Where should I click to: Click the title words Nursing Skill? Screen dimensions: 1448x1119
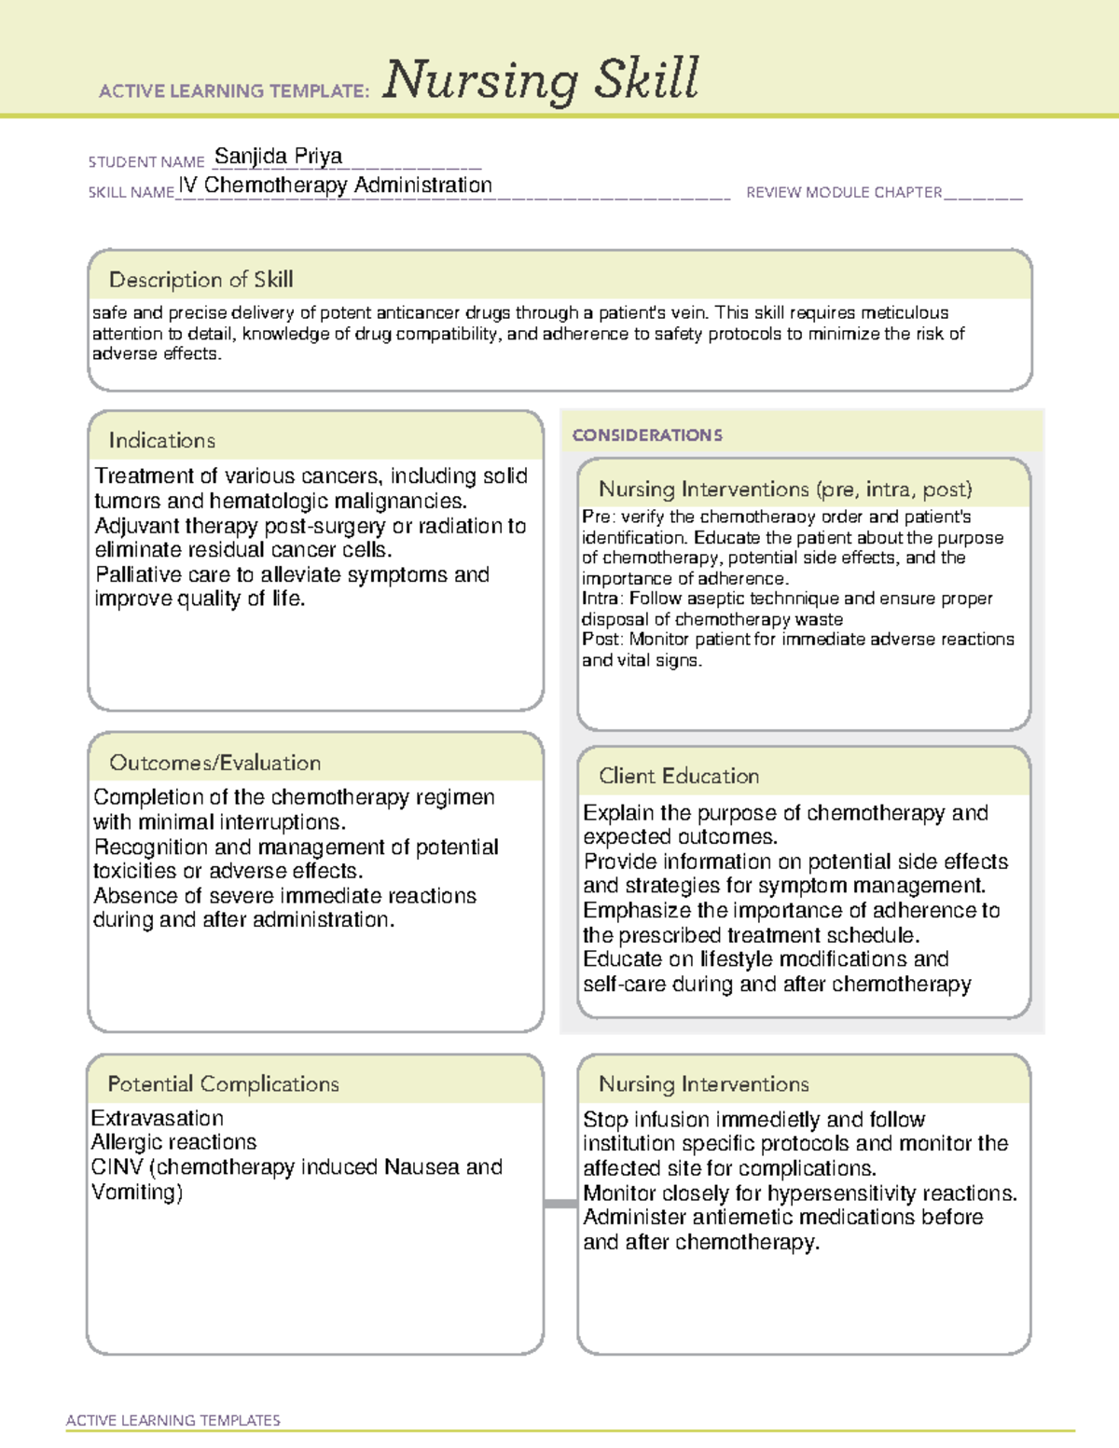tap(540, 80)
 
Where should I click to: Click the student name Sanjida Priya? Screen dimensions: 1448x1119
tap(278, 156)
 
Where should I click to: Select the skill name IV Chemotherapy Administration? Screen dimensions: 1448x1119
tap(336, 186)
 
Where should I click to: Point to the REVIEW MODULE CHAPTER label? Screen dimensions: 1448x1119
tap(844, 193)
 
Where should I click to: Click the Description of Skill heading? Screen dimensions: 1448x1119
tap(200, 280)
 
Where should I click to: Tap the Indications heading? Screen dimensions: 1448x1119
tap(161, 440)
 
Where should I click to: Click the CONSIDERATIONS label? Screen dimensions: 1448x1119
tap(647, 435)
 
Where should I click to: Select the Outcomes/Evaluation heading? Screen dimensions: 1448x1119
tap(214, 763)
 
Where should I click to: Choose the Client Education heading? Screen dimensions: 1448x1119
tap(678, 776)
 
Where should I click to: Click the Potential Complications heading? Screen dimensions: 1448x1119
tap(223, 1084)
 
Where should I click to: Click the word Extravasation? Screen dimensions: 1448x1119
tap(158, 1118)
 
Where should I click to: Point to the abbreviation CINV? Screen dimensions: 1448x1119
tap(116, 1167)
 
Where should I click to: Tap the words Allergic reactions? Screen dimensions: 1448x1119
tap(173, 1142)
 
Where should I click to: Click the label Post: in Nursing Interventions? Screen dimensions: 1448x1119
tap(602, 640)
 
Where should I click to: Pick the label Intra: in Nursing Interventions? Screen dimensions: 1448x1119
tap(602, 599)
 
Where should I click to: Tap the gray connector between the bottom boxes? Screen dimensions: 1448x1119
tap(559, 1204)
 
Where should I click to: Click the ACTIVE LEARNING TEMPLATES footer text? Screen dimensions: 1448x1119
tap(173, 1420)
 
